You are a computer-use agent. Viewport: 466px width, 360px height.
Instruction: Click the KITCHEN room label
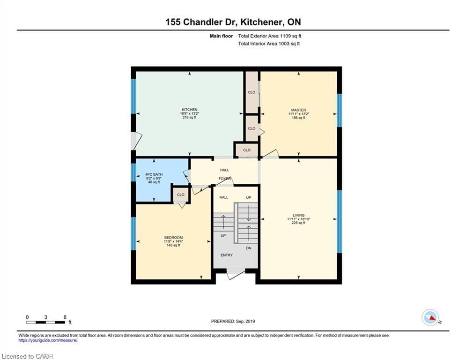pyautogui.click(x=190, y=110)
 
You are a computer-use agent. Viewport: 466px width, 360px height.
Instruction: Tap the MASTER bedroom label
pyautogui.click(x=298, y=110)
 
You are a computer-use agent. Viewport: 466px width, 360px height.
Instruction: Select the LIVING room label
pyautogui.click(x=298, y=215)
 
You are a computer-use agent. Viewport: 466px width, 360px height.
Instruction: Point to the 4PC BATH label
pyautogui.click(x=154, y=174)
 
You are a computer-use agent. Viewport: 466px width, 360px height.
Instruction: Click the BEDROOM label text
pyautogui.click(x=174, y=237)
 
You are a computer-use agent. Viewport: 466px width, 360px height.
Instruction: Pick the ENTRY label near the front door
pyautogui.click(x=227, y=255)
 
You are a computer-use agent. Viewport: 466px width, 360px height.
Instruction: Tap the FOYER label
pyautogui.click(x=225, y=179)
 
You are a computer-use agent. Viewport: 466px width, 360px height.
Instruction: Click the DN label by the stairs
pyautogui.click(x=249, y=248)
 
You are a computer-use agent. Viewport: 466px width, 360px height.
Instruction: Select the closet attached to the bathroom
pyautogui.click(x=181, y=195)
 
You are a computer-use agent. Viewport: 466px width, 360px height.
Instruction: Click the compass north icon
pyautogui.click(x=430, y=317)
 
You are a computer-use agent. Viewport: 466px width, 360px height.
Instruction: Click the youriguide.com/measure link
pyautogui.click(x=48, y=340)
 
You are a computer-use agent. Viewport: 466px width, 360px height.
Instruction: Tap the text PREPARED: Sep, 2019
pyautogui.click(x=233, y=321)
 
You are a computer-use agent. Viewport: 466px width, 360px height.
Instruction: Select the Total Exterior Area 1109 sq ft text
pyautogui.click(x=270, y=36)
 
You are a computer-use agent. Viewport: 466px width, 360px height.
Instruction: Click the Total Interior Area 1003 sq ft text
pyautogui.click(x=269, y=44)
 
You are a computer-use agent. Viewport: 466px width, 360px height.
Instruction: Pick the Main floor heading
pyautogui.click(x=222, y=36)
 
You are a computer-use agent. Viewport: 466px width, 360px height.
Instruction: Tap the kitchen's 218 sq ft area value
pyautogui.click(x=190, y=117)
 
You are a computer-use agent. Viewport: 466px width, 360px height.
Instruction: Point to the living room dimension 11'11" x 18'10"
pyautogui.click(x=298, y=219)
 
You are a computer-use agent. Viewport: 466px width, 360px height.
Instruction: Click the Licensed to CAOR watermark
pyautogui.click(x=27, y=356)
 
